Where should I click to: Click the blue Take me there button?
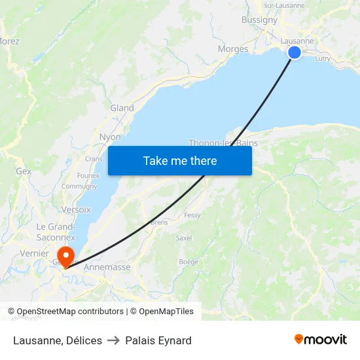point(180,160)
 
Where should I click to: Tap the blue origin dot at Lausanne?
point(295,52)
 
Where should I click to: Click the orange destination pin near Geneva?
point(65,255)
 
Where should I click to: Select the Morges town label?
point(233,48)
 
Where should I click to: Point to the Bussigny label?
point(259,20)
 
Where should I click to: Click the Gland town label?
point(122,108)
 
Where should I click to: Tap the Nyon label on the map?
point(110,137)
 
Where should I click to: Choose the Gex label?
point(24,171)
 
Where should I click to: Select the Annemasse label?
point(107,267)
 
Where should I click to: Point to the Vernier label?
point(35,253)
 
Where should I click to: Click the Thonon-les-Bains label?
point(223,143)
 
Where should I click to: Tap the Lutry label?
point(323,58)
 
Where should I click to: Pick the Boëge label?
point(189,262)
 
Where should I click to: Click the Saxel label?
point(184,238)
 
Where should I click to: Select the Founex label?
point(88,175)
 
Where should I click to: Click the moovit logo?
point(321,339)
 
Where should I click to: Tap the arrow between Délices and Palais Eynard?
point(113,340)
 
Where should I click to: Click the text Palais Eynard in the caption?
point(158,340)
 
